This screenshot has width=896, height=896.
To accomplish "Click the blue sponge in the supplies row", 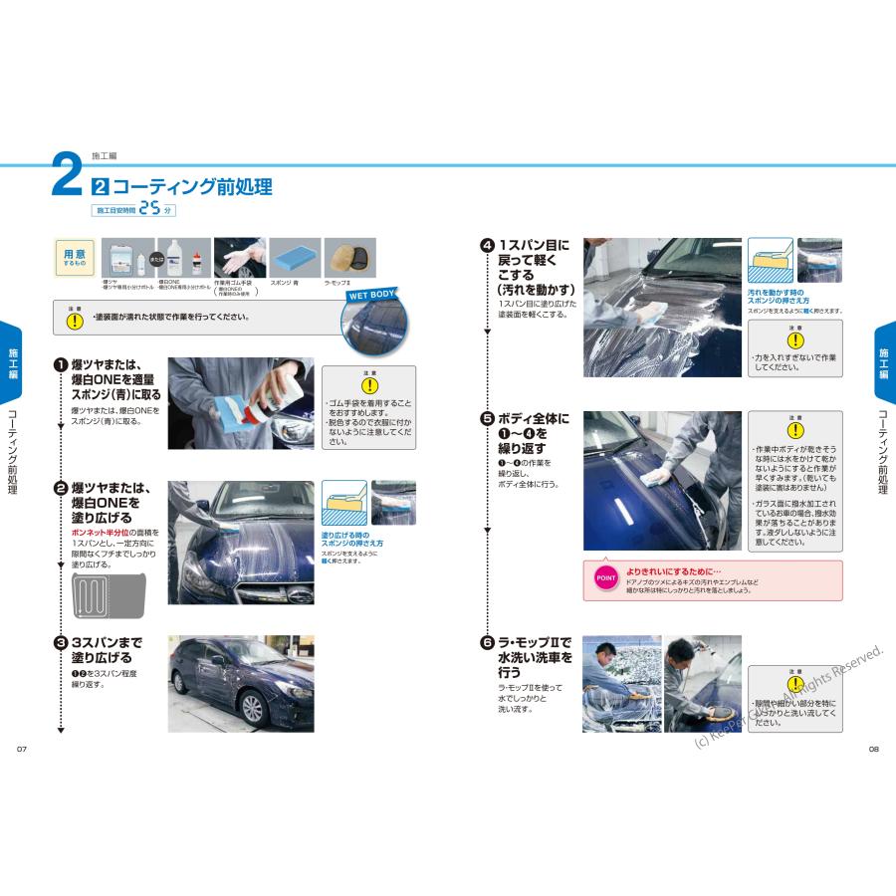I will pyautogui.click(x=296, y=258).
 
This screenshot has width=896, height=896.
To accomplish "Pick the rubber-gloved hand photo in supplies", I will pyautogui.click(x=239, y=258).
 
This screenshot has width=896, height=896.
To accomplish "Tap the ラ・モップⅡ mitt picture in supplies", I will pyautogui.click(x=350, y=258).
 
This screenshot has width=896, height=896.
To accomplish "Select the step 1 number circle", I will pyautogui.click(x=61, y=365).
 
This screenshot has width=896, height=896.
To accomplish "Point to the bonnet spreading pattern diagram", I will pyautogui.click(x=110, y=594).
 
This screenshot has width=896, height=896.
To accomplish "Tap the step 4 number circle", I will pyautogui.click(x=488, y=245).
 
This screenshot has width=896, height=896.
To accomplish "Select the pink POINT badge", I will pyautogui.click(x=605, y=577).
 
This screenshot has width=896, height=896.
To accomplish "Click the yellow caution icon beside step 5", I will pyautogui.click(x=794, y=430).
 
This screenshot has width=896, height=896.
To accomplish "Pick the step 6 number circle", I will pyautogui.click(x=488, y=644).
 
